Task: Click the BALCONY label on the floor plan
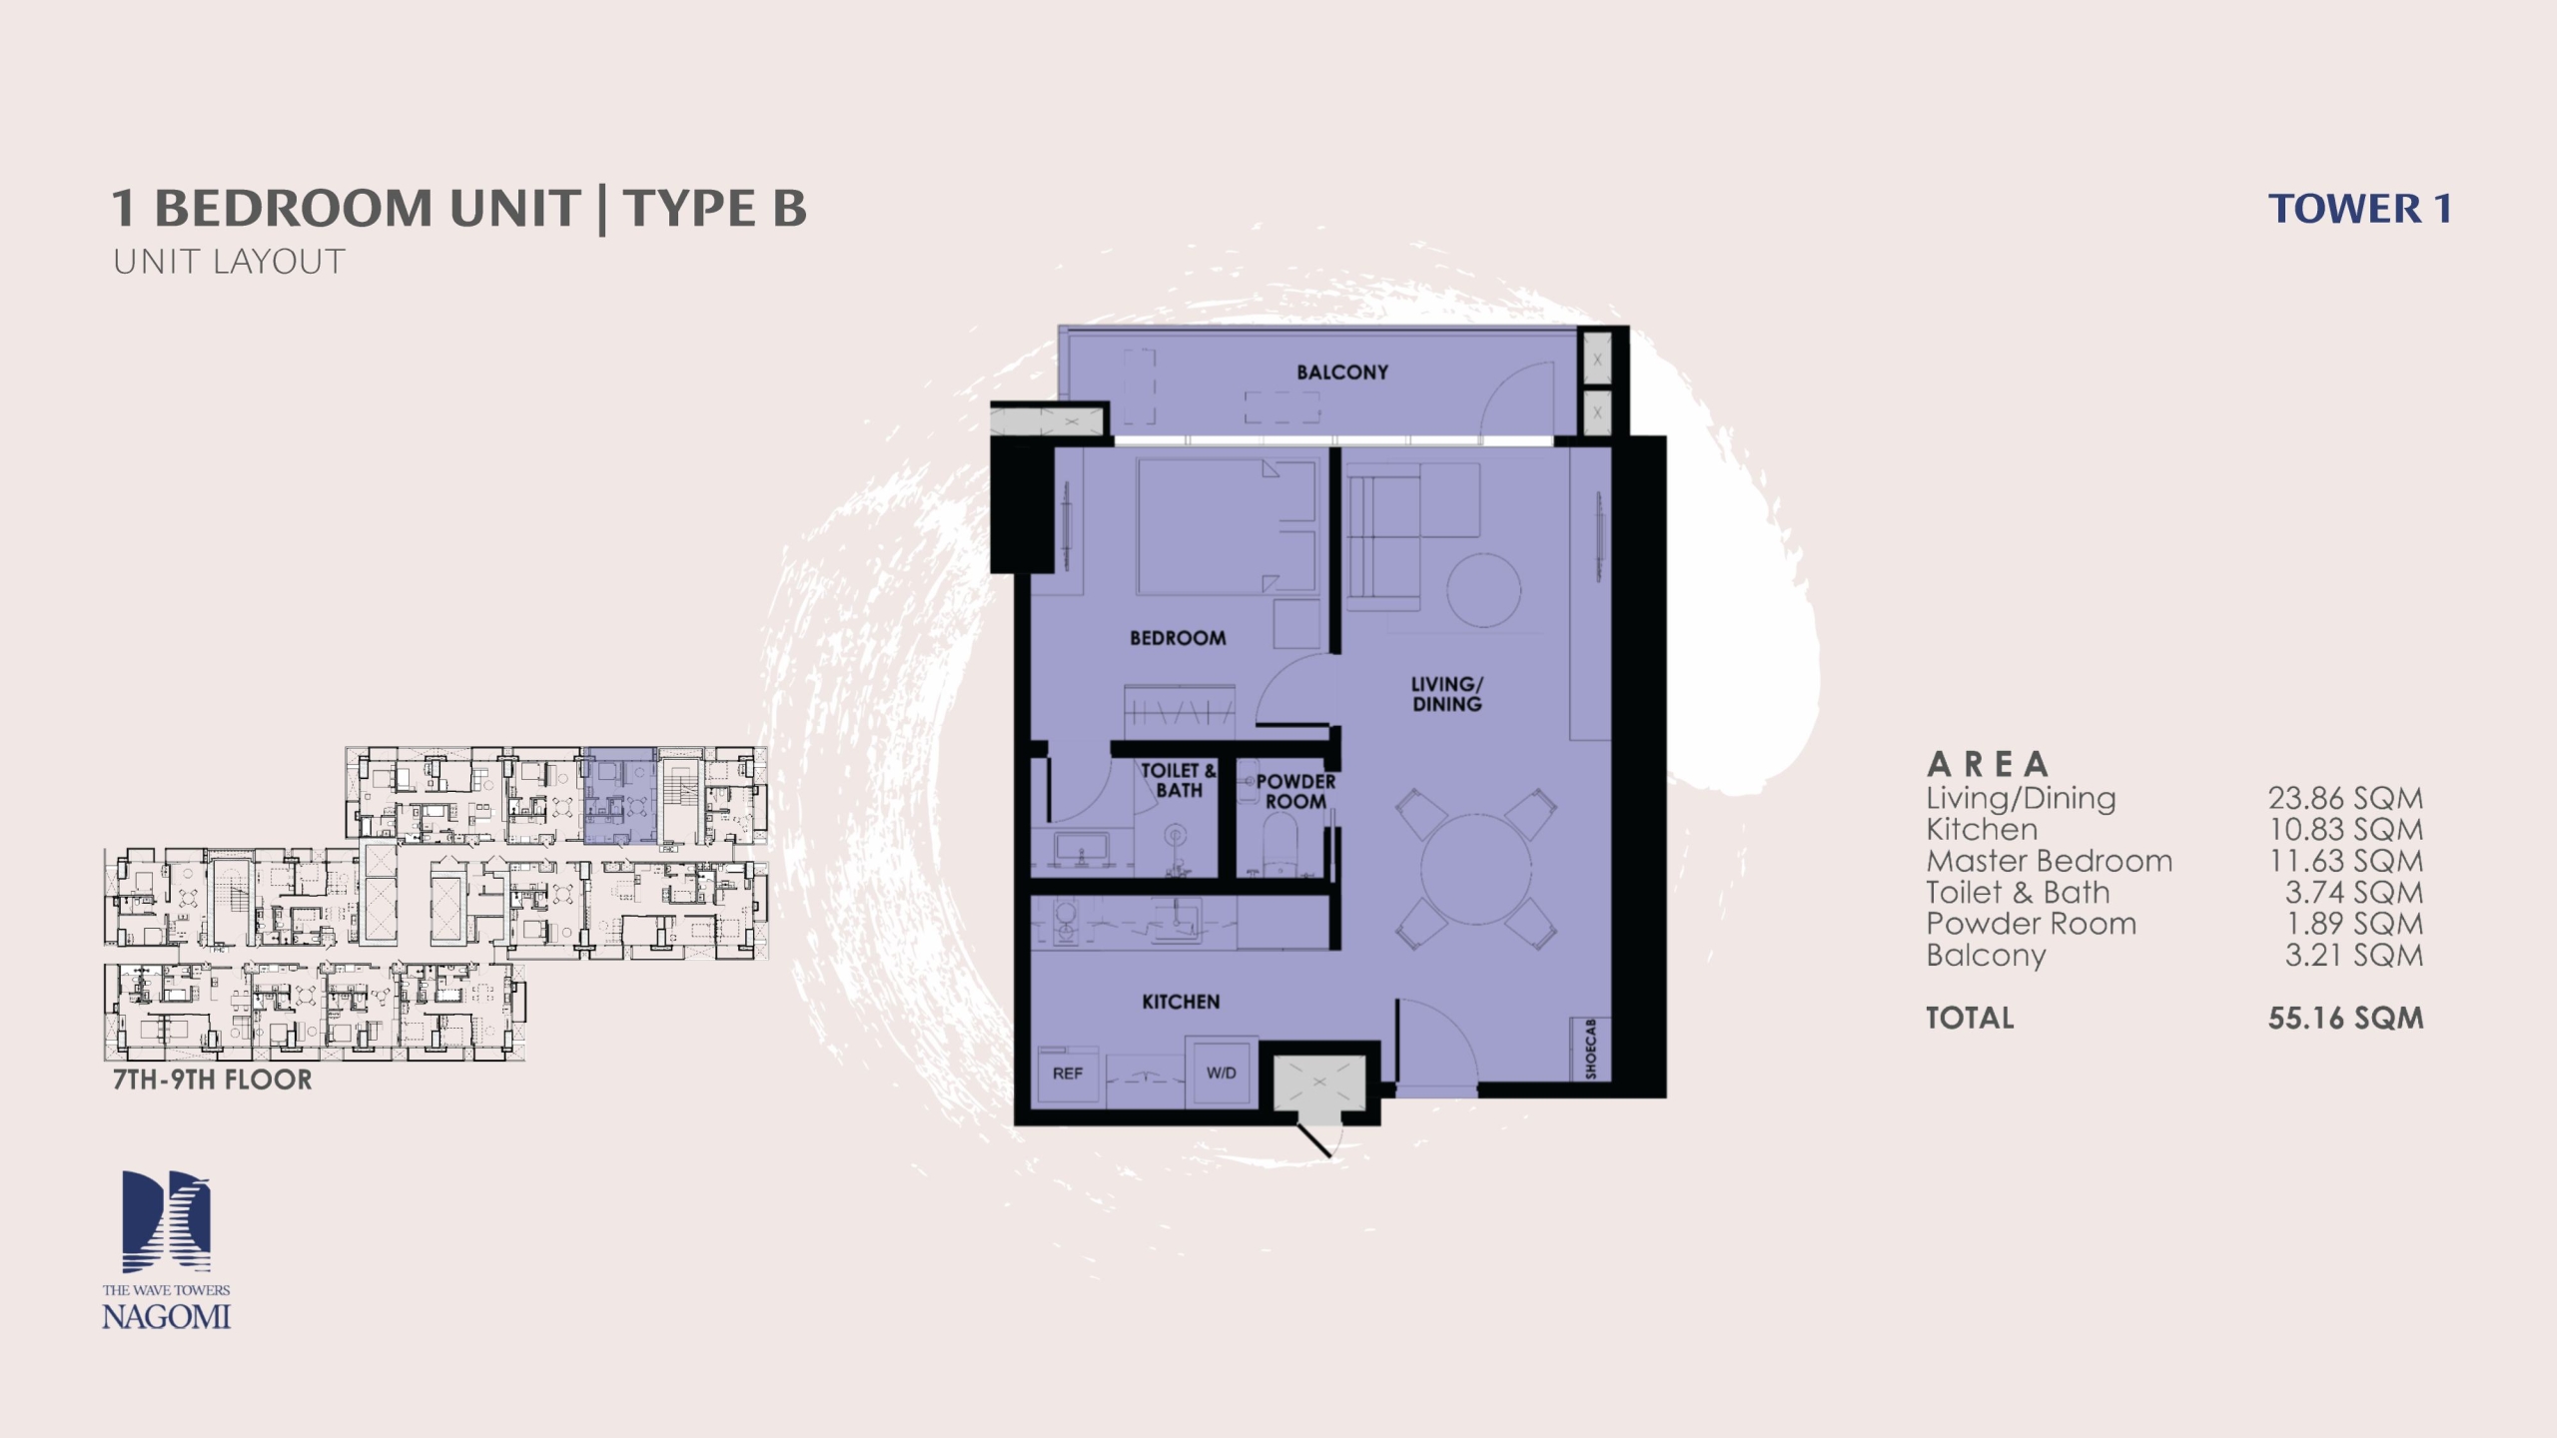point(1342,372)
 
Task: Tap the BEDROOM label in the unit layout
point(1178,638)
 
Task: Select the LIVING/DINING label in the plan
point(1447,694)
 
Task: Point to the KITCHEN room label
point(1181,1002)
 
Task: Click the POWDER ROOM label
point(1295,791)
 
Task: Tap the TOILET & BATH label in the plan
point(1179,780)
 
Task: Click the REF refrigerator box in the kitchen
point(1068,1075)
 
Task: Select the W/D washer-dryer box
point(1221,1074)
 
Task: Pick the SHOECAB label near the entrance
point(1591,1050)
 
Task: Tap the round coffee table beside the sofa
point(1484,589)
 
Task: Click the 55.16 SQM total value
point(2345,1019)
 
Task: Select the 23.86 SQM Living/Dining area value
point(2345,799)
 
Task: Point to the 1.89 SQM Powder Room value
point(2354,924)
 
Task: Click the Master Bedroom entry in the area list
point(2049,861)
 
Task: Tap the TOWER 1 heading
point(2359,210)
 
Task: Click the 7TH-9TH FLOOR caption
point(213,1079)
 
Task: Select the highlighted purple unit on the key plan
point(619,796)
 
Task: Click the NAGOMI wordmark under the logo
point(166,1317)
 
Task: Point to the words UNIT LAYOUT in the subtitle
point(229,262)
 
